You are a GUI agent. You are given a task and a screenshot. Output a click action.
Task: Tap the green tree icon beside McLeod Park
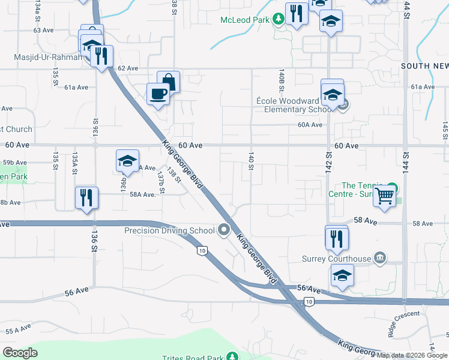pos(279,19)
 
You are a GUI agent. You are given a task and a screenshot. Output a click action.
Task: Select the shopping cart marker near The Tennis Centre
pos(385,195)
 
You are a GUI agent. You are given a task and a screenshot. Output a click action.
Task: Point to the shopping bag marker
pos(169,82)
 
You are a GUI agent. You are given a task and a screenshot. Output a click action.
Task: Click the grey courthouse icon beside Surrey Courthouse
pos(379,259)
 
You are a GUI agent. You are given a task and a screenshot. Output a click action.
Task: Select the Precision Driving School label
pos(169,230)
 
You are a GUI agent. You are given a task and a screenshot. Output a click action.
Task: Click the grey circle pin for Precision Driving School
pos(224,230)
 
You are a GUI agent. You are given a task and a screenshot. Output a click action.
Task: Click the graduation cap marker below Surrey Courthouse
pos(342,276)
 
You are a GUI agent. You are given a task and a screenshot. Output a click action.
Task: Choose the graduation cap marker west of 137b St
pos(127,161)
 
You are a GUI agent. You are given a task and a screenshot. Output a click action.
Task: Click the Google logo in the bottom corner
pos(20,353)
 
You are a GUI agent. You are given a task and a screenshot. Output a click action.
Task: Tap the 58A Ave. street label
pos(142,194)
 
